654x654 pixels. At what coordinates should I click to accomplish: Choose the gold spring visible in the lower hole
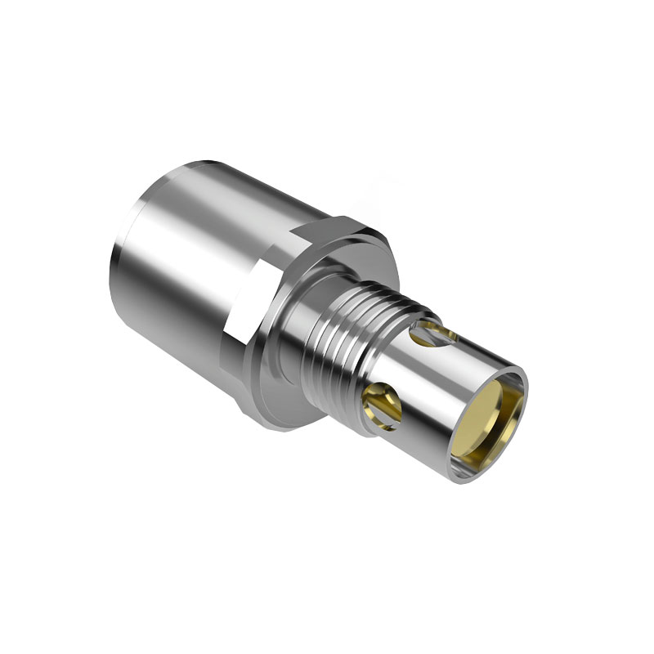[379, 402]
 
